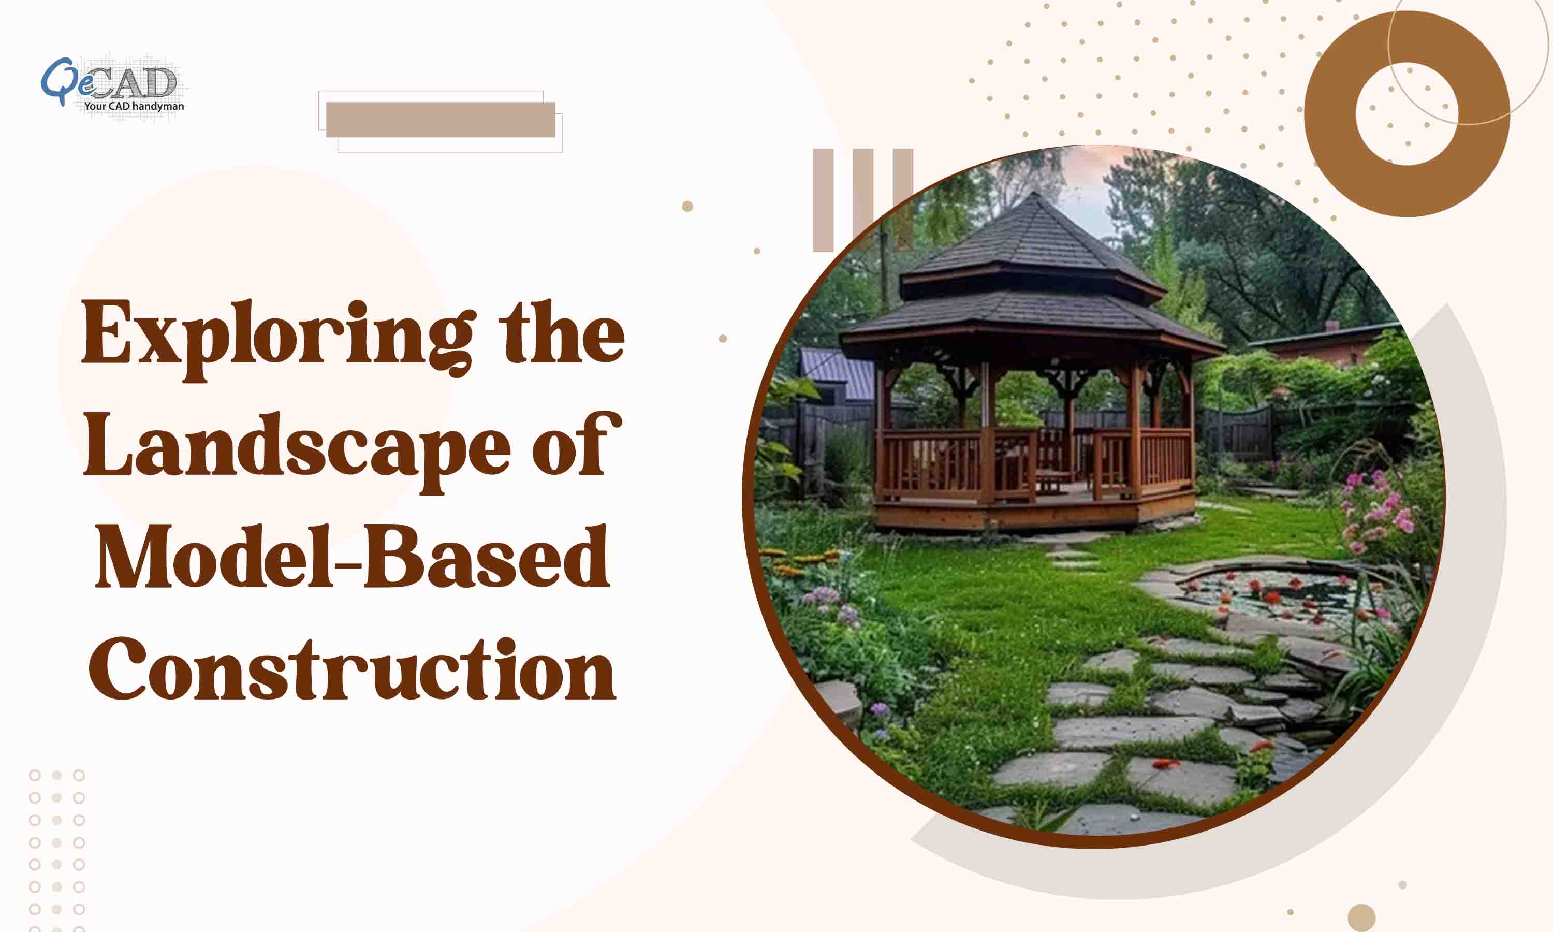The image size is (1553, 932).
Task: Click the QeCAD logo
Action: pos(112,85)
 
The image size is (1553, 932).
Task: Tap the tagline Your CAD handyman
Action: pos(134,106)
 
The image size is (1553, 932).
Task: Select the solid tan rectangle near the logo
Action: pos(440,119)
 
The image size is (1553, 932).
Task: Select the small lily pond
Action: pos(1281,593)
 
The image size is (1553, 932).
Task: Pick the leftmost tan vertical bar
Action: pos(823,200)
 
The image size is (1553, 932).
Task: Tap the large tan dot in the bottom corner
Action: pos(1361,918)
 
